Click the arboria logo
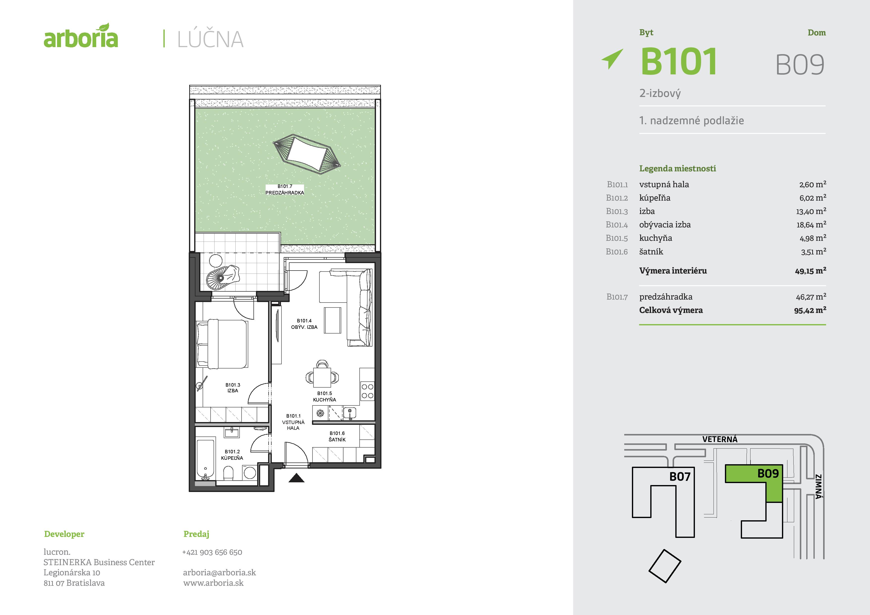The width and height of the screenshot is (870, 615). (x=81, y=36)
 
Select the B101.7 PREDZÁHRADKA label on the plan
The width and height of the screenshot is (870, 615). (x=284, y=189)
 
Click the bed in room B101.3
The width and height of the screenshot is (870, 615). (x=222, y=344)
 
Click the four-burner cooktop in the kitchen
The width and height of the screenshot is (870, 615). (x=367, y=391)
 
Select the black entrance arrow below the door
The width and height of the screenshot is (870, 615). (x=296, y=478)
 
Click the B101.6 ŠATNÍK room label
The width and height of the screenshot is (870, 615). (x=337, y=436)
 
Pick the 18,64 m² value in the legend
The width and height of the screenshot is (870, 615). (x=811, y=224)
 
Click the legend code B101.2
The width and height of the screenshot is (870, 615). (x=617, y=198)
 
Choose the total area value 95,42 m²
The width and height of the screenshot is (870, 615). (x=810, y=310)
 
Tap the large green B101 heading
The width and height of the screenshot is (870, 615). (x=679, y=61)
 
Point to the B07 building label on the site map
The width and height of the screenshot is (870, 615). (x=680, y=476)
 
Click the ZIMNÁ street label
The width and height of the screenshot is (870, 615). (x=819, y=487)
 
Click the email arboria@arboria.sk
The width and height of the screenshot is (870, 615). (x=219, y=573)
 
